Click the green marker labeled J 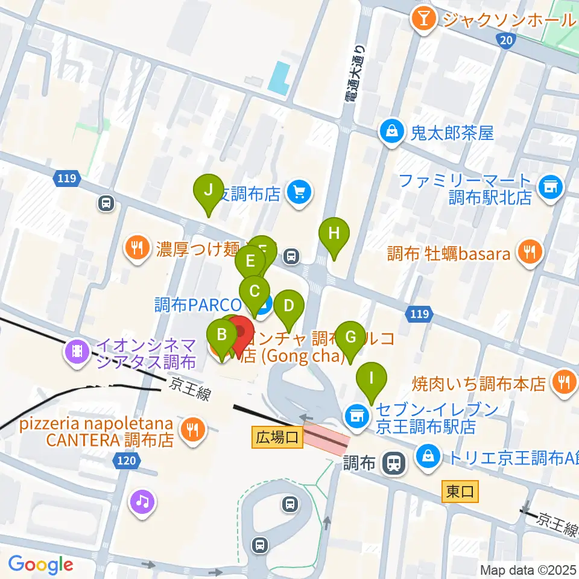point(209,191)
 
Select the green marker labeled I point(372,379)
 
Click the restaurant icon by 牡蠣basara point(530,253)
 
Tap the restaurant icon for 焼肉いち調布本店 point(564,382)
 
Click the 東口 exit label point(460,492)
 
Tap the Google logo point(40,565)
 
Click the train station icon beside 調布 point(394,463)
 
